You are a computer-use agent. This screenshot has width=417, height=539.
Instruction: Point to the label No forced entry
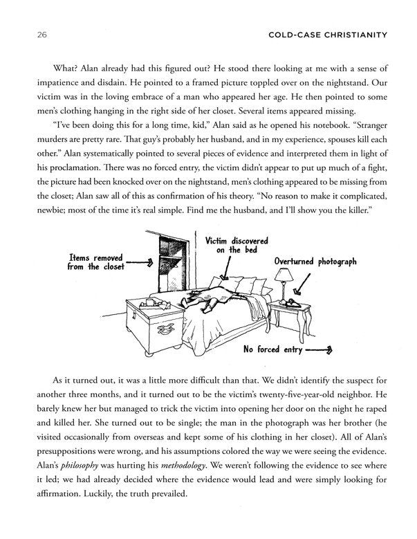[272, 349]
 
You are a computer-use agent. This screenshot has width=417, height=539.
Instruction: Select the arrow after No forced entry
[319, 349]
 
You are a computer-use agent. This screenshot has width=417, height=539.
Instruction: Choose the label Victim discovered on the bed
[236, 244]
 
